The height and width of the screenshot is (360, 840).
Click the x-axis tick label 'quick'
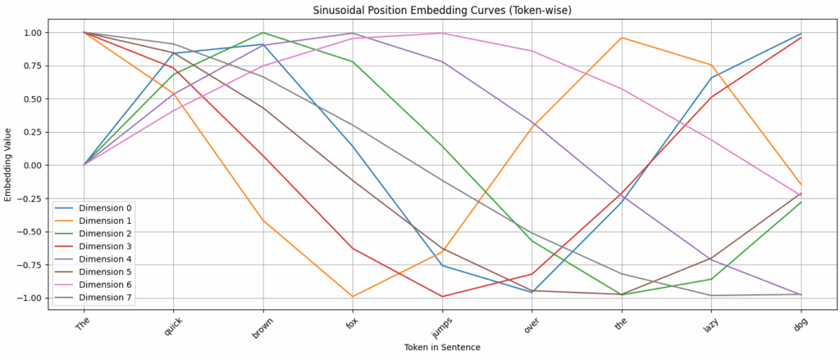click(x=171, y=326)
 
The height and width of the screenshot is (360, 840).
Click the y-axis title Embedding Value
click(x=9, y=165)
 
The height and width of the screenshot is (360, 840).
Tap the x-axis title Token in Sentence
click(x=441, y=348)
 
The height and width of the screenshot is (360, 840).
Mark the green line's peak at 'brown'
click(x=262, y=33)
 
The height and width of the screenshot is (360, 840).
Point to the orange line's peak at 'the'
click(x=622, y=38)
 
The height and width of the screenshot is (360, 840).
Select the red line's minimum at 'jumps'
click(x=442, y=297)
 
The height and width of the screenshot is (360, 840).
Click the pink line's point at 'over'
click(x=532, y=51)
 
